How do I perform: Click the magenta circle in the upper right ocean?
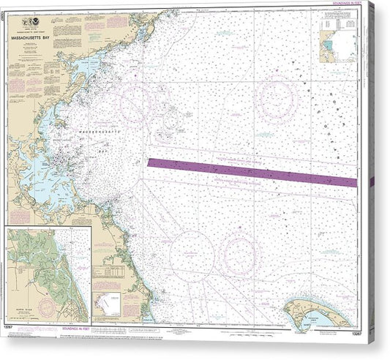pos(277,98)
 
